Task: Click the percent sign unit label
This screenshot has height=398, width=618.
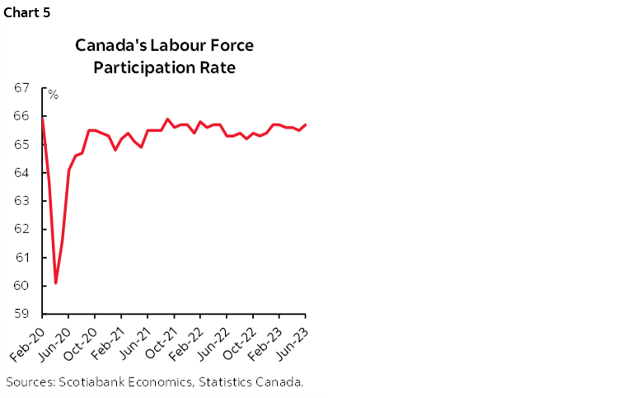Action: click(53, 95)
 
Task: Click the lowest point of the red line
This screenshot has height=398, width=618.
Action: click(55, 283)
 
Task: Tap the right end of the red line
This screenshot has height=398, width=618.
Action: click(306, 124)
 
